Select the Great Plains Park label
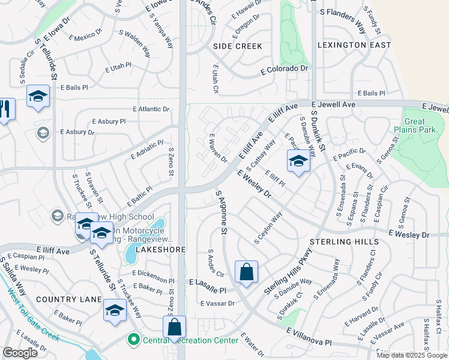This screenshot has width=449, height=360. (418, 125)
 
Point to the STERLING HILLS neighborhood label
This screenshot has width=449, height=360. (344, 242)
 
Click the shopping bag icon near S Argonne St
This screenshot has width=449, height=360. (246, 272)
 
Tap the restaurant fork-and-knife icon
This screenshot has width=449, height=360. (5, 109)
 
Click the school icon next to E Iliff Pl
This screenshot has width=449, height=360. (298, 161)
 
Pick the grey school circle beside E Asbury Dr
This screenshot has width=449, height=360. (42, 133)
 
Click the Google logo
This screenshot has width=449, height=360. (20, 353)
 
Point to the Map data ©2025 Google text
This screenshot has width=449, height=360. (411, 355)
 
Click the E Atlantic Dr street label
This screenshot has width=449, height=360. (151, 109)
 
